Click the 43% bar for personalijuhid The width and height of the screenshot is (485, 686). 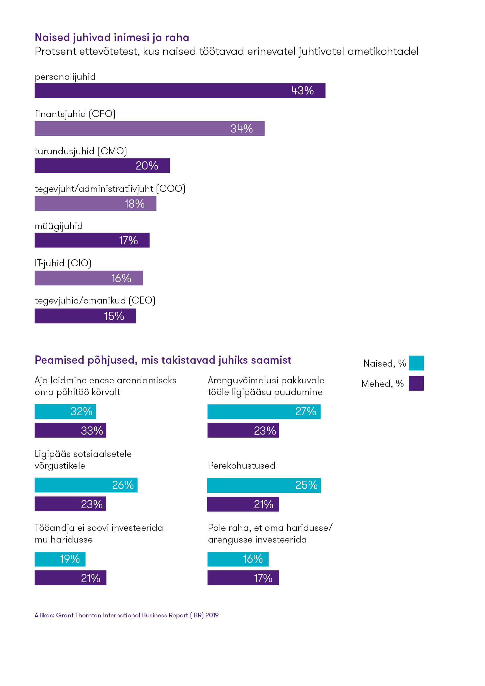point(180,91)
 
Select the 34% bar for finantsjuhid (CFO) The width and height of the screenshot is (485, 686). point(149,128)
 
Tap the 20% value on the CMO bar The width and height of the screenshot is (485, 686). point(147,166)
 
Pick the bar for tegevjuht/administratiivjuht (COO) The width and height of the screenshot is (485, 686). point(95,204)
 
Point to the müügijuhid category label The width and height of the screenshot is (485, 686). point(59,226)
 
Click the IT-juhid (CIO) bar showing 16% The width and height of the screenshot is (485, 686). point(88,278)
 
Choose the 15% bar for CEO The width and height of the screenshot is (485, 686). point(85,316)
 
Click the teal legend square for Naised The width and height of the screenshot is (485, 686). point(416,363)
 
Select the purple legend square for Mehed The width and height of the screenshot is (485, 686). point(416,383)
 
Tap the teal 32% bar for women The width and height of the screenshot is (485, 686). point(65,412)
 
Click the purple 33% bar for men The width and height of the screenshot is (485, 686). point(70,430)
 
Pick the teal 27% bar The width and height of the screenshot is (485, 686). point(264,412)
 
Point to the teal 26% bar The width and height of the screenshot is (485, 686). point(86,485)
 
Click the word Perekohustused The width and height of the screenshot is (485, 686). point(241,465)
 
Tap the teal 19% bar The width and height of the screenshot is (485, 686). point(60,559)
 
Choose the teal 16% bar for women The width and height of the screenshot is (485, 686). point(238,559)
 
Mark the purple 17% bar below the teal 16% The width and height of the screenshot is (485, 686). point(243,578)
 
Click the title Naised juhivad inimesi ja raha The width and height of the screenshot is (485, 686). point(112,38)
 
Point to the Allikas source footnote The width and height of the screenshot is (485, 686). point(126,615)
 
